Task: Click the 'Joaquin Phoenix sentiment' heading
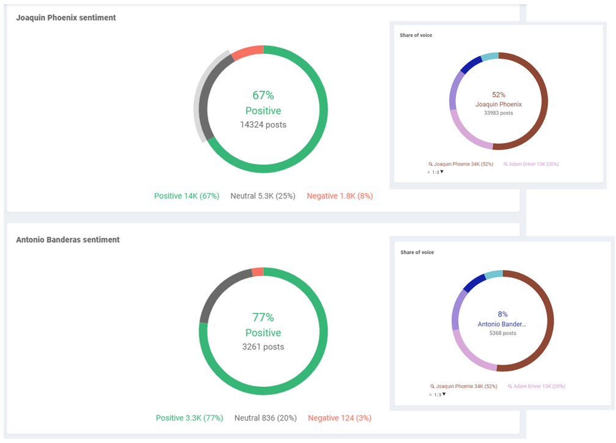(66, 18)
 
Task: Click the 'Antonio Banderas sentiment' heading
(68, 240)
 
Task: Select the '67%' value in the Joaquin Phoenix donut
(263, 95)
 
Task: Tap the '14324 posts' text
(263, 125)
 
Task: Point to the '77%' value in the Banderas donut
(263, 317)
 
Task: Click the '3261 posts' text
(263, 346)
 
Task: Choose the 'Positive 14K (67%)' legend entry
(186, 196)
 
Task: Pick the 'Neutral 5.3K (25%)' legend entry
(263, 196)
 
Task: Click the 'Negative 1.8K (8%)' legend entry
(340, 196)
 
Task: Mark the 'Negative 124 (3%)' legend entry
(340, 418)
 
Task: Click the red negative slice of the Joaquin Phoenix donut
(248, 53)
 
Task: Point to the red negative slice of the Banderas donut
(258, 272)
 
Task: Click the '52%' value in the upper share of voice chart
(499, 95)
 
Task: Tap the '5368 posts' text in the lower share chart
(503, 333)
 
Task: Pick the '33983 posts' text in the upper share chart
(499, 113)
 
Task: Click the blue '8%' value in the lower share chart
(502, 314)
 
